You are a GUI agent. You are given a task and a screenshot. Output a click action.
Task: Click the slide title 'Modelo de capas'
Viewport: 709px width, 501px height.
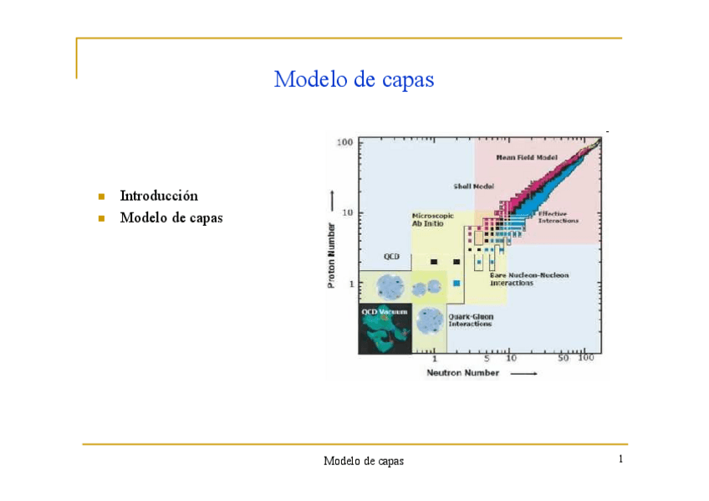coord(354,79)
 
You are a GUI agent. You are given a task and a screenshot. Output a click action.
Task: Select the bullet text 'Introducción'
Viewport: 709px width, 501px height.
coord(159,196)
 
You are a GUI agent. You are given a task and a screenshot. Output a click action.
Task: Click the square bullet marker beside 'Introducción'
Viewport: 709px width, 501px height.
coord(101,197)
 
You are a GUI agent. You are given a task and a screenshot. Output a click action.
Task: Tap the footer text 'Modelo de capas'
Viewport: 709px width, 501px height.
coord(364,461)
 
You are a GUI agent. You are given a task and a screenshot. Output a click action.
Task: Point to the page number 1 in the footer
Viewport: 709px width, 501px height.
coord(621,459)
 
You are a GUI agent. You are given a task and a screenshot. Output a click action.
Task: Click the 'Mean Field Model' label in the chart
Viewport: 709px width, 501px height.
coord(528,156)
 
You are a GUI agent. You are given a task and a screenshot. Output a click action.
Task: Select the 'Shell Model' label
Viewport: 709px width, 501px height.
coord(473,187)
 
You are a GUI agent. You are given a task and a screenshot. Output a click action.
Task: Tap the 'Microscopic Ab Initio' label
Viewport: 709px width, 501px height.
coord(432,219)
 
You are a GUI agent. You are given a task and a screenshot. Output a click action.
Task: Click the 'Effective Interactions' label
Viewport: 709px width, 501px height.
coord(556,217)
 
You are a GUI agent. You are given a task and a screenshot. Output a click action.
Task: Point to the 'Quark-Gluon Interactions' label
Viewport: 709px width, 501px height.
coord(470,320)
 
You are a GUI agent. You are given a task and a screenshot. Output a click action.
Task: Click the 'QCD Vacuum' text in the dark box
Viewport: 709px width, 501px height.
coord(384,310)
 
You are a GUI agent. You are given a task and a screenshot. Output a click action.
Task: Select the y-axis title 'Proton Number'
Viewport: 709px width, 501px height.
coord(332,255)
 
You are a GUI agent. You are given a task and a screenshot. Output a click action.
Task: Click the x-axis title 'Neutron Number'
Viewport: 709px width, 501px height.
coord(463,372)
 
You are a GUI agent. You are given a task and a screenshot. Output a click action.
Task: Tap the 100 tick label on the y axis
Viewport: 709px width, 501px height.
coord(344,143)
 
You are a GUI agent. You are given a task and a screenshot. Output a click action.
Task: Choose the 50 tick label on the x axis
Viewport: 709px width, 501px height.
coord(564,358)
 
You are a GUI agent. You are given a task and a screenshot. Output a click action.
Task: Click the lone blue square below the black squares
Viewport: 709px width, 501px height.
coord(457,284)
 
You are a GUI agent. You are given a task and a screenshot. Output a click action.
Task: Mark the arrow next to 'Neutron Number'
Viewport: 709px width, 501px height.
coord(524,373)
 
